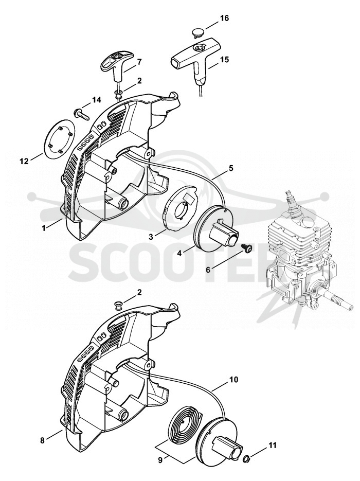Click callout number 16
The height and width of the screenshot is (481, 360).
coord(224,18)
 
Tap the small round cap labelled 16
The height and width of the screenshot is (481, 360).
coord(197,32)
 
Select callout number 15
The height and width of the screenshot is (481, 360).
coord(224,59)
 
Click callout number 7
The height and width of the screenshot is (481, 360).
coord(139,62)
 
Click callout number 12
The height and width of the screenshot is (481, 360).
coord(24,161)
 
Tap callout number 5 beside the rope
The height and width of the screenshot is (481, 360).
coord(231,168)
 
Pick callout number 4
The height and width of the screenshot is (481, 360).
coord(179,254)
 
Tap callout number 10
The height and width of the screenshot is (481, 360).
coord(233,380)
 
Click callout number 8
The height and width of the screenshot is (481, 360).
coord(42,440)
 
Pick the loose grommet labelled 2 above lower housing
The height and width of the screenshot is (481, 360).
coord(117,305)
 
